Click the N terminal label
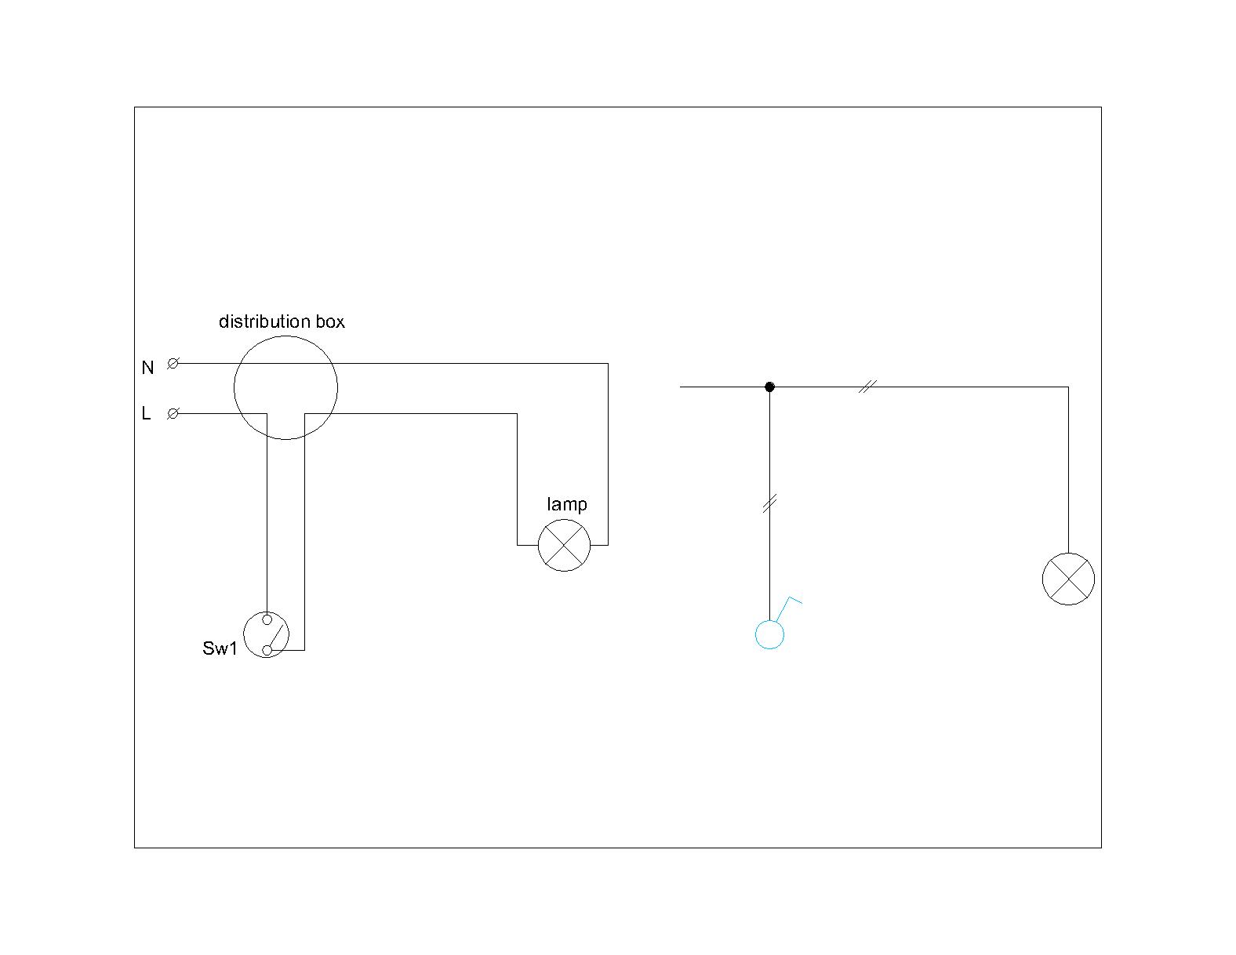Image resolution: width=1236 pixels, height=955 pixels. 147,367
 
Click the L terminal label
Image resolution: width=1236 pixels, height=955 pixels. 146,413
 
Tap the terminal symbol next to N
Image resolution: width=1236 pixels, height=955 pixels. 173,363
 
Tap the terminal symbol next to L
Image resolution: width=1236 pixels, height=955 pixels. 173,413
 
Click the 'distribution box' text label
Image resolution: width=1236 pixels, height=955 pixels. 282,321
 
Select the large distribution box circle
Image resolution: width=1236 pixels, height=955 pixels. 285,387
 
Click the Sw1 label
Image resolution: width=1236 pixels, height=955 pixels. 219,648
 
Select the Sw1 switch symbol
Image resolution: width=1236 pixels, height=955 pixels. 267,634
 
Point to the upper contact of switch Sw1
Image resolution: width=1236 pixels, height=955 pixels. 267,619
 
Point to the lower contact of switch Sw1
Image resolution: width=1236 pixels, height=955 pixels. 267,650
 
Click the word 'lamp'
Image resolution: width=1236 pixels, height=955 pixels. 566,504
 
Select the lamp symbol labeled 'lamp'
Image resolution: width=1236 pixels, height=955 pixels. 564,545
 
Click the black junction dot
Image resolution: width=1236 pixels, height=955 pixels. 769,387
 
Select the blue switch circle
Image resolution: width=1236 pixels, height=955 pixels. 769,634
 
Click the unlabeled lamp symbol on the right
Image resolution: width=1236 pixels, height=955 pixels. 1067,579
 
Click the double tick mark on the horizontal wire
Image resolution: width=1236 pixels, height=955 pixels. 866,387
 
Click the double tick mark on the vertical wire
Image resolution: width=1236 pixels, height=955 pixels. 769,504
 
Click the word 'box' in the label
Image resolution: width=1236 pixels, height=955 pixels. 329,321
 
